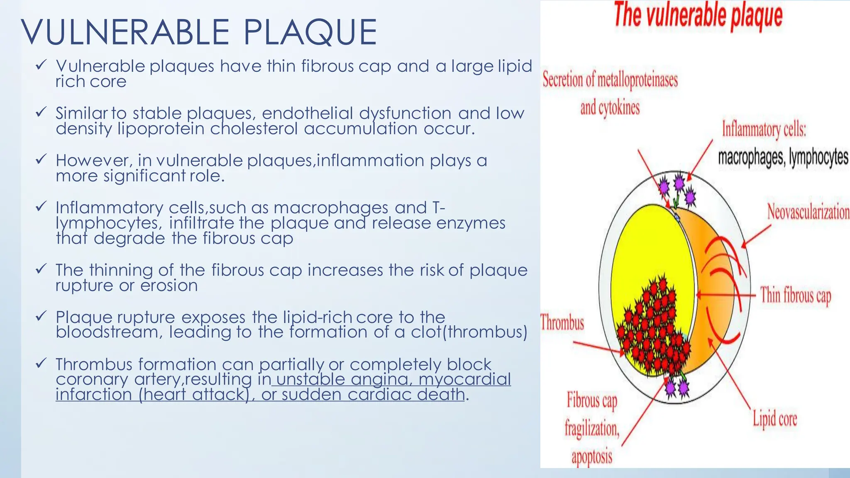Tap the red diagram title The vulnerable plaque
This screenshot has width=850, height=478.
tap(698, 16)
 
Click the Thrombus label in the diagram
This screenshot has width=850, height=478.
tap(562, 322)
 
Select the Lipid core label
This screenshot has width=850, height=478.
tap(775, 418)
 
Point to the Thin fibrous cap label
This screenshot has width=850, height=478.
tap(796, 296)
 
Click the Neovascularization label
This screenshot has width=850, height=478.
tap(808, 212)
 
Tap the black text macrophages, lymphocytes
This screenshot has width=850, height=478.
tap(783, 158)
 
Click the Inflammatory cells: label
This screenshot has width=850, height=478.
tap(764, 129)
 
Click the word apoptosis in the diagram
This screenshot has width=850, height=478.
tap(592, 457)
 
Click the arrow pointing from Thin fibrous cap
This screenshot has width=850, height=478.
tap(726, 295)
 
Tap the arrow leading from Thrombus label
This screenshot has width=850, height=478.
tap(598, 348)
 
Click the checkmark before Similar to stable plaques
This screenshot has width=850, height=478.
tap(41, 112)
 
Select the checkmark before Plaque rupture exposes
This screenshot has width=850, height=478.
tap(41, 316)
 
